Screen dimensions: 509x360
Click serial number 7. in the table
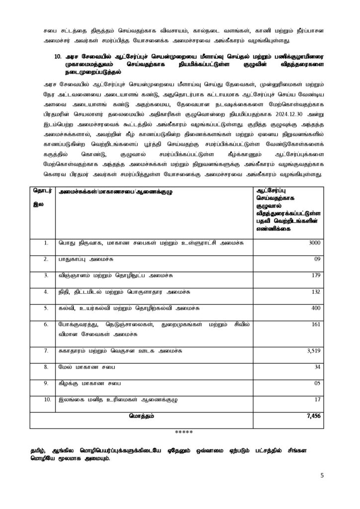(45, 350)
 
